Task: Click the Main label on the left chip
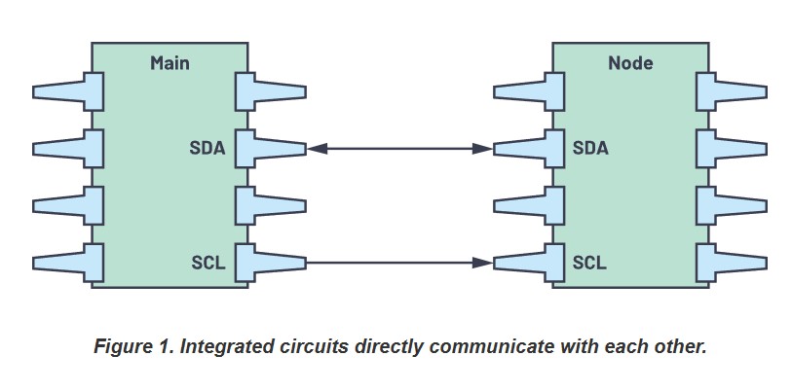tap(170, 63)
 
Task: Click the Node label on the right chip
tap(630, 63)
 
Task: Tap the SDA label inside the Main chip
tap(207, 149)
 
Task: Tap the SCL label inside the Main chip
tap(208, 263)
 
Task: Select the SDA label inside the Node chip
tap(591, 149)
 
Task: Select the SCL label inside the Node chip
tap(590, 263)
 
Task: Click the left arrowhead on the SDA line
tap(317, 149)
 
